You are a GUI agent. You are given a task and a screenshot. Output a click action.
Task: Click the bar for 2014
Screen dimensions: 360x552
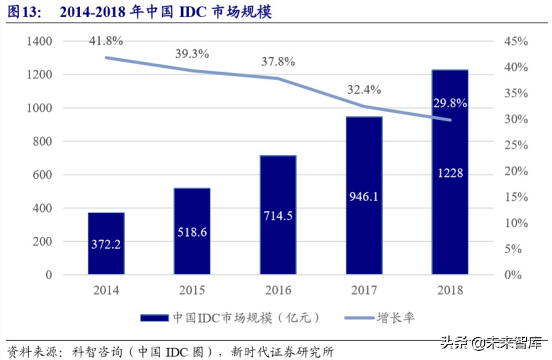pyautogui.click(x=106, y=243)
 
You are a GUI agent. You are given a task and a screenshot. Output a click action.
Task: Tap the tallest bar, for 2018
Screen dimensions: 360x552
pyautogui.click(x=450, y=173)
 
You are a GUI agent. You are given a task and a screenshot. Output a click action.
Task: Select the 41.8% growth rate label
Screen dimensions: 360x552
pyautogui.click(x=106, y=41)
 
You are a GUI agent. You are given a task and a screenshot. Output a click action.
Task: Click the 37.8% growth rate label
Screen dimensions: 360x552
pyautogui.click(x=278, y=62)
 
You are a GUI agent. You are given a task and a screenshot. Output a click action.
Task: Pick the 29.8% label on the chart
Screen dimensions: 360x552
pyautogui.click(x=450, y=103)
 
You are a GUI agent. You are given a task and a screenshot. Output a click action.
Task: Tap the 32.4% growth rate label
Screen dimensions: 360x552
pyautogui.click(x=363, y=89)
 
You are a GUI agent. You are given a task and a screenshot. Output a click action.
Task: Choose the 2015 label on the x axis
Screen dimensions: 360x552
pyautogui.click(x=192, y=290)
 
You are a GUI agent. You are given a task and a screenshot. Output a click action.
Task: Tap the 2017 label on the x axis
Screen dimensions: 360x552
pyautogui.click(x=363, y=290)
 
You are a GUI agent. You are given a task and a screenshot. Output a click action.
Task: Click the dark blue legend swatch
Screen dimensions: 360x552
pyautogui.click(x=154, y=318)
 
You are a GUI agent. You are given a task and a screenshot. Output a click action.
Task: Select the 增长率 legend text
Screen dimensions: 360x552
pyautogui.click(x=396, y=318)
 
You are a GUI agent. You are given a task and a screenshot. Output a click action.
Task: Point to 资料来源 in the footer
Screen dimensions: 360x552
pyautogui.click(x=27, y=352)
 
